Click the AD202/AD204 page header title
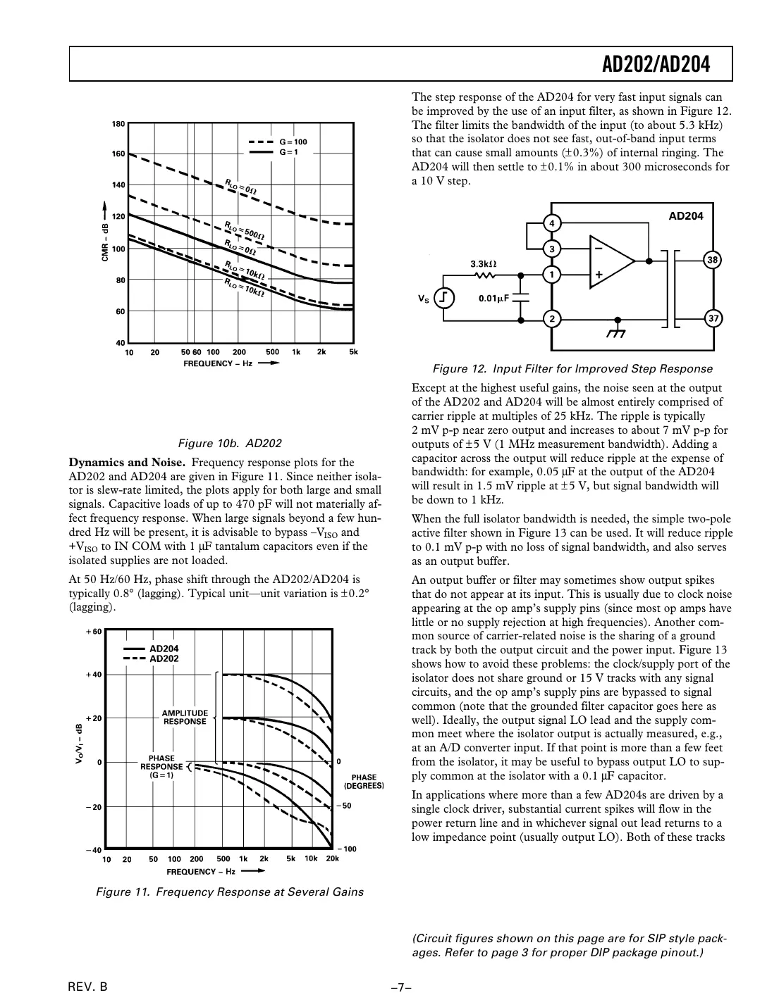click(656, 65)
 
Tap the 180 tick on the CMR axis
click(118, 124)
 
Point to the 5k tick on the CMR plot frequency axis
click(353, 352)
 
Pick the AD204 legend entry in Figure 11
click(164, 649)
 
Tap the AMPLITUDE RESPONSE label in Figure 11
click(185, 717)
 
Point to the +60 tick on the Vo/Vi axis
click(94, 631)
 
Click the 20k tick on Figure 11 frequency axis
click(332, 858)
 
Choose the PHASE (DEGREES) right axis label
click(364, 781)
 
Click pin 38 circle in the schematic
click(713, 260)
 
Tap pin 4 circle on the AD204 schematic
click(552, 223)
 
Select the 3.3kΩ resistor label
click(483, 263)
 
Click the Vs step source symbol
click(444, 299)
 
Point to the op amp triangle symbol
click(611, 260)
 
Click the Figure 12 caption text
click(572, 368)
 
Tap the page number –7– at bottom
click(401, 987)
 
